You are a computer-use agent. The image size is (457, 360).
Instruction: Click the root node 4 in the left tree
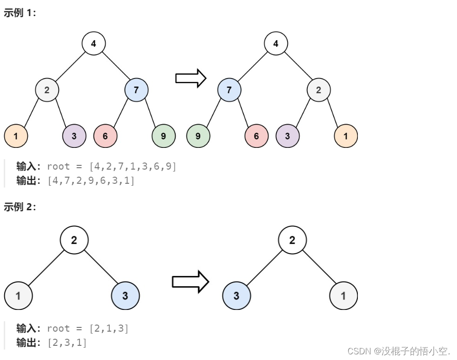point(93,44)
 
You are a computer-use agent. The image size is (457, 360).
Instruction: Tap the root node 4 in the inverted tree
point(276,44)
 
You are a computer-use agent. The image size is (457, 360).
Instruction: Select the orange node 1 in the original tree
point(16,136)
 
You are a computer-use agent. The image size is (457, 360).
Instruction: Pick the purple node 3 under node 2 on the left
point(74,136)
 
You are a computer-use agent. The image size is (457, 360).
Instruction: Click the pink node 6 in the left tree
point(105,136)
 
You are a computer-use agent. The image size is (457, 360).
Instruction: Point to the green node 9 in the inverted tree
point(198,136)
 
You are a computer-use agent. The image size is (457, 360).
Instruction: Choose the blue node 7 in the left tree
point(136,90)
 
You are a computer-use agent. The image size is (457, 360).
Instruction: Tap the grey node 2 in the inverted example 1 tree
point(319,90)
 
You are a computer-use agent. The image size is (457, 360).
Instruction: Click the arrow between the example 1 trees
point(191,78)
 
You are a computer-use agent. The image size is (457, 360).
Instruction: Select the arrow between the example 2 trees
point(190,282)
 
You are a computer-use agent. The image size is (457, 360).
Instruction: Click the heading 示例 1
point(20,13)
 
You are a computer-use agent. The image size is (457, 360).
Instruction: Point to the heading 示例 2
point(20,207)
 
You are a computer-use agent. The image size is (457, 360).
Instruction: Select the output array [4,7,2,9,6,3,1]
point(91,180)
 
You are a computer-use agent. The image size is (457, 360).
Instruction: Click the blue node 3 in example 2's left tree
point(126,296)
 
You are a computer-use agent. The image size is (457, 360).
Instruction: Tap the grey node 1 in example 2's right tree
point(343,296)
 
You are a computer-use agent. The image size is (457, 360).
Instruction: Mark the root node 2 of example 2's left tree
point(74,240)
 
